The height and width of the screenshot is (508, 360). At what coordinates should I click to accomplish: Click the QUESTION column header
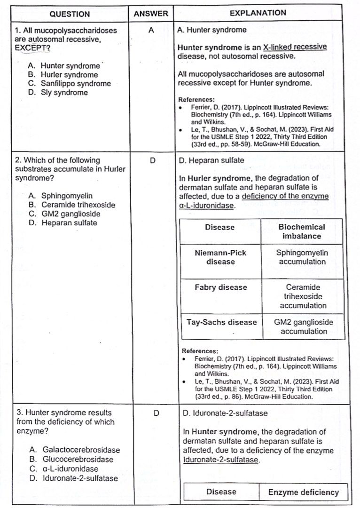(x=70, y=14)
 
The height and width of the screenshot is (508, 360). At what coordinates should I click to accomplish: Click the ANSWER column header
(x=151, y=14)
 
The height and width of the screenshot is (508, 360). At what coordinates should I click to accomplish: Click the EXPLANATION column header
(x=258, y=13)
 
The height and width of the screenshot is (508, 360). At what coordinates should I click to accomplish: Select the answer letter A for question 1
(x=151, y=30)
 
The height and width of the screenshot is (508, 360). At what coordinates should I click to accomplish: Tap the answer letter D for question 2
(x=152, y=160)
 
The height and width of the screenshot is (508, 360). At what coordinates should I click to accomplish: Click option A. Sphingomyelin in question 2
(x=61, y=196)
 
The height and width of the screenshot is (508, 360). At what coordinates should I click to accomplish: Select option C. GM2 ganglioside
(x=64, y=214)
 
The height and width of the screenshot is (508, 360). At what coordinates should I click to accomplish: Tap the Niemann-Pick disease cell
(x=220, y=257)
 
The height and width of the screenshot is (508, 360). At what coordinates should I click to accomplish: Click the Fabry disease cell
(x=220, y=287)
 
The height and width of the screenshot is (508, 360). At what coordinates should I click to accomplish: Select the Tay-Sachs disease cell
(x=221, y=322)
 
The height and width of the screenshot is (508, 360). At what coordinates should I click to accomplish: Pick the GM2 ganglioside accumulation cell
(x=304, y=326)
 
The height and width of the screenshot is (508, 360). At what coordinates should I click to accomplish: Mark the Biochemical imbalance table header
(x=302, y=231)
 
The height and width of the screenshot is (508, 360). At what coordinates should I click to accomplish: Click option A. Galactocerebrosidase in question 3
(x=74, y=450)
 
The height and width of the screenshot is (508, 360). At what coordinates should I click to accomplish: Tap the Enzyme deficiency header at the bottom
(x=303, y=492)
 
